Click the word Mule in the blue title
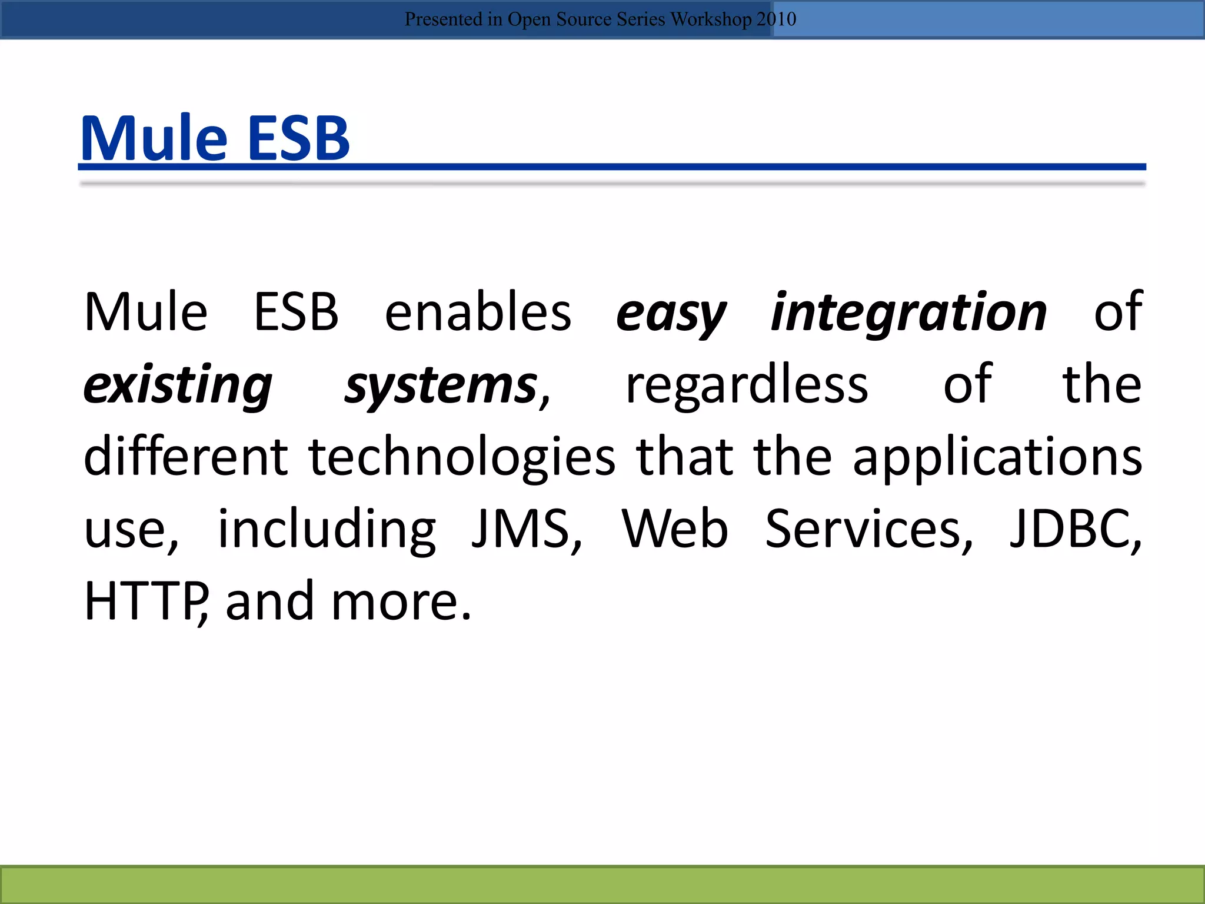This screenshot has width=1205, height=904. [x=154, y=138]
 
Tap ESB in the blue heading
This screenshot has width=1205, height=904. [x=298, y=138]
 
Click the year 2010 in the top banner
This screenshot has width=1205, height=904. [x=776, y=19]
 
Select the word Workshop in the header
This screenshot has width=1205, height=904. [x=711, y=19]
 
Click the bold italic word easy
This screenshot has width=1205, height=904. [x=671, y=314]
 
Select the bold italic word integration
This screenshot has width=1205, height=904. [x=909, y=314]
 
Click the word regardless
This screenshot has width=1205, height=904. [x=747, y=385]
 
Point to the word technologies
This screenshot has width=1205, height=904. [x=462, y=458]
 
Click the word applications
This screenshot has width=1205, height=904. [x=997, y=458]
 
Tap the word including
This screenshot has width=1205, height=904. [x=327, y=530]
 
